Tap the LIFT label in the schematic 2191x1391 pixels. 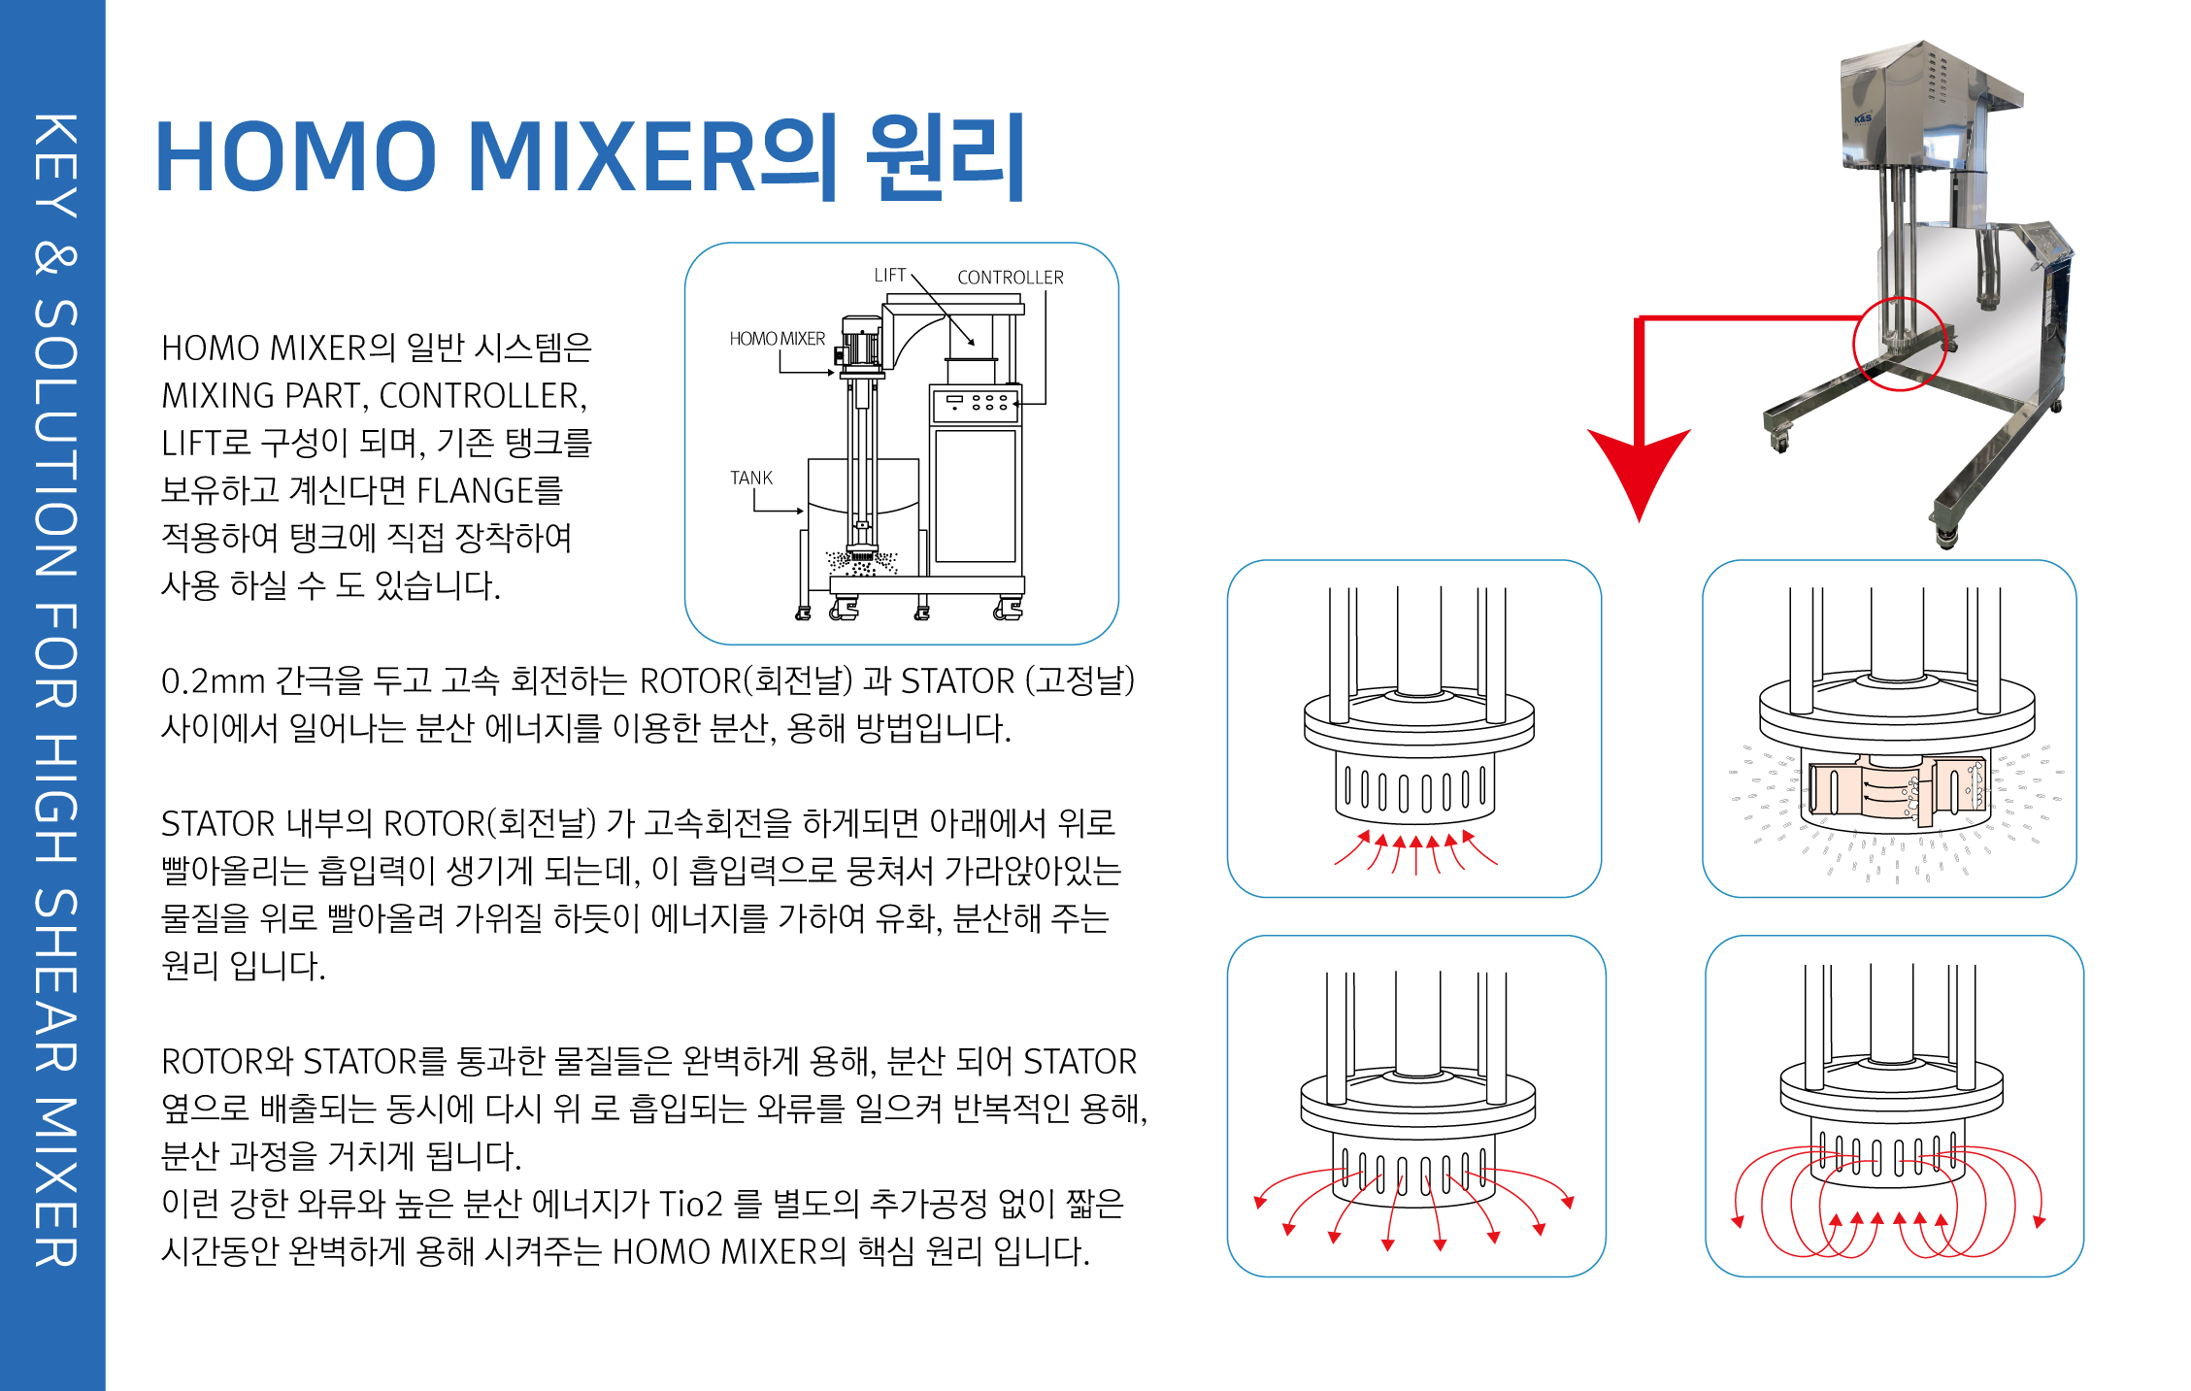click(x=889, y=275)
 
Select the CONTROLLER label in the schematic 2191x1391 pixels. click(x=1010, y=278)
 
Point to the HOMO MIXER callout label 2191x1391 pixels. click(x=777, y=339)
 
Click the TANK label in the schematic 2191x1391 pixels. click(x=750, y=478)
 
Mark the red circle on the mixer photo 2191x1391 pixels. click(x=1899, y=344)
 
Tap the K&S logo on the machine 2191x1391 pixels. click(x=1863, y=119)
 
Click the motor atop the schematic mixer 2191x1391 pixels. click(x=860, y=344)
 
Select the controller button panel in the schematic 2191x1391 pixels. click(x=976, y=403)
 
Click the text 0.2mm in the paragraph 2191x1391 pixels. click(x=213, y=681)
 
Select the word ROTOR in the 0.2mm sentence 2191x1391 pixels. click(x=690, y=681)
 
